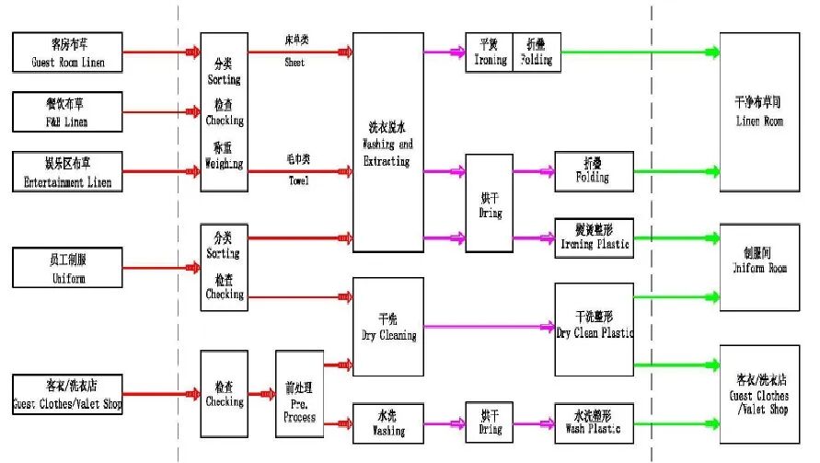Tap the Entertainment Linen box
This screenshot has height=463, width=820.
(67, 171)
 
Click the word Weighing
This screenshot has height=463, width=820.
(225, 164)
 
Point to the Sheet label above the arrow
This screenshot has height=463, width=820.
(295, 63)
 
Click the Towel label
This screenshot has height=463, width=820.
(296, 180)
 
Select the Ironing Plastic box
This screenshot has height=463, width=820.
(595, 237)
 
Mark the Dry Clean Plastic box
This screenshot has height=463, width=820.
(595, 329)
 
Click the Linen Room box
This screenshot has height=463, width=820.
(759, 112)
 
